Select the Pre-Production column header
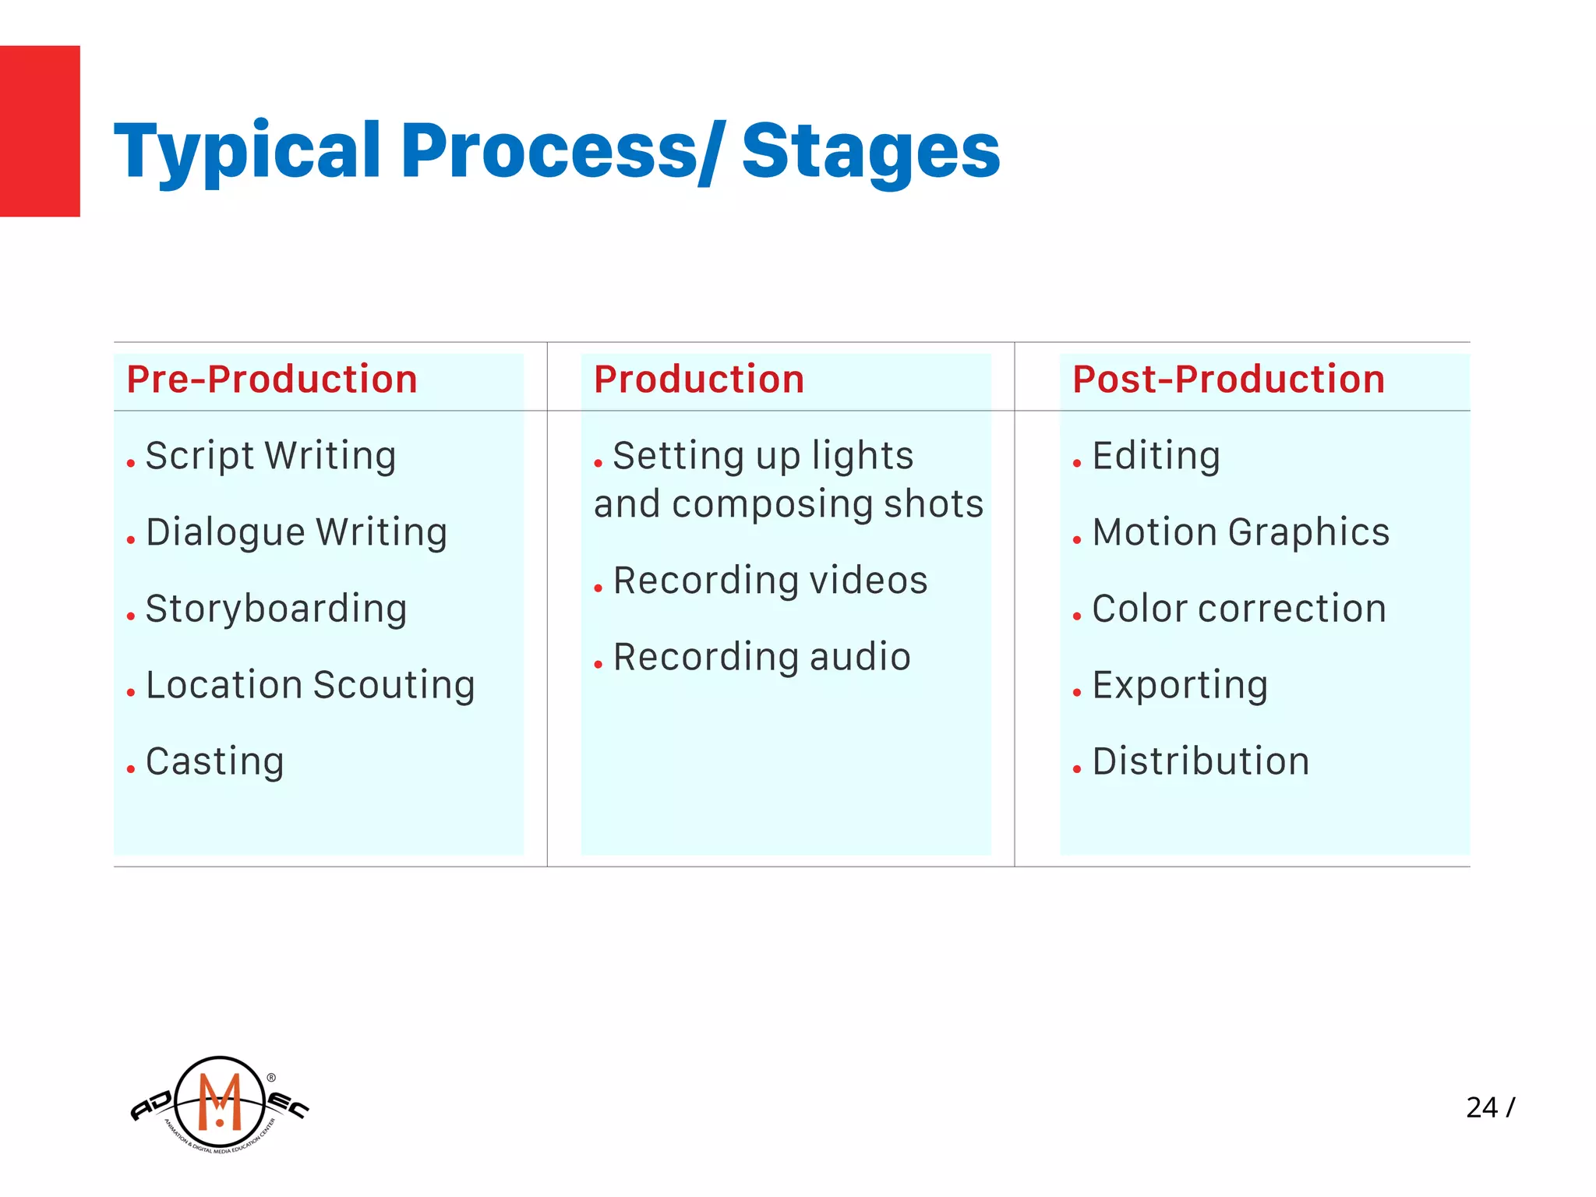click(272, 380)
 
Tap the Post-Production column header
click(1228, 380)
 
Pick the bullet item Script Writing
click(270, 456)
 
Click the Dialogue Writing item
click(296, 532)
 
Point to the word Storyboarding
click(276, 609)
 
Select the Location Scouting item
click(310, 685)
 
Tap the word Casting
click(215, 761)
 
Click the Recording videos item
click(770, 581)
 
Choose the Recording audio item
click(761, 657)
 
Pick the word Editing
click(1156, 456)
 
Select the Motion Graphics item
click(1241, 532)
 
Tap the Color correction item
click(1239, 609)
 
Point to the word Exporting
click(1180, 685)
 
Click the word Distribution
click(1201, 761)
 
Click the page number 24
click(1481, 1107)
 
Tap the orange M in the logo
click(220, 1101)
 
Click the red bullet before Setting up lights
click(598, 464)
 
